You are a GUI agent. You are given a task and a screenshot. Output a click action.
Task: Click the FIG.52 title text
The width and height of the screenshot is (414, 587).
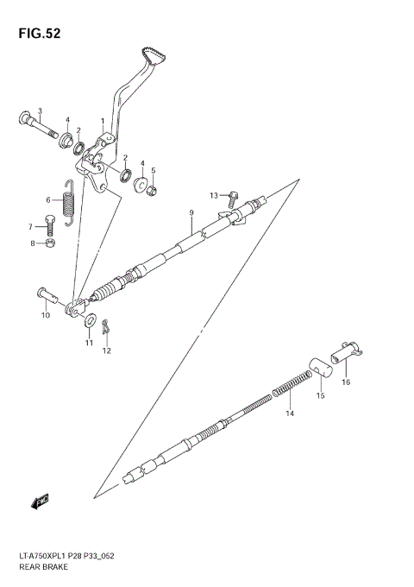click(x=35, y=35)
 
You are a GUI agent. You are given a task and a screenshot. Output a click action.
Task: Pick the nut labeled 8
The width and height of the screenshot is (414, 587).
click(x=50, y=244)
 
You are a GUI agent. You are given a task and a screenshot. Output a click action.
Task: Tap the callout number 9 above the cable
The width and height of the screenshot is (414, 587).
click(x=191, y=212)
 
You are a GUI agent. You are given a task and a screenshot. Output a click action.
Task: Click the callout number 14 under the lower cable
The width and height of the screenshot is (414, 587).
click(x=290, y=413)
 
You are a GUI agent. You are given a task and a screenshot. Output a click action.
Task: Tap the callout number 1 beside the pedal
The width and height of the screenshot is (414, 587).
click(x=103, y=122)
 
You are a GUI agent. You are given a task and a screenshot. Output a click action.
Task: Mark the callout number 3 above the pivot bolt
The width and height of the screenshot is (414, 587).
click(x=40, y=110)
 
